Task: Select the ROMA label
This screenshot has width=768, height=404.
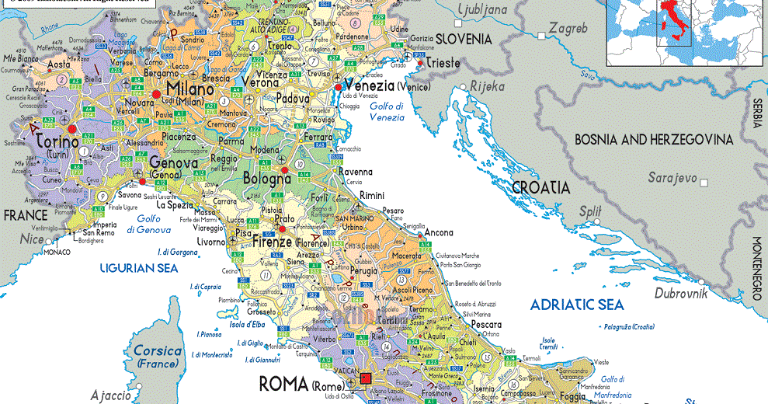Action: [x=283, y=383]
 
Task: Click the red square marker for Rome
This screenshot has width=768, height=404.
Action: [x=367, y=381]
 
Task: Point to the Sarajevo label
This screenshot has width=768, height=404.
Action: [x=673, y=178]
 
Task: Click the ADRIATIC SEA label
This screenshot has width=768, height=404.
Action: [x=577, y=305]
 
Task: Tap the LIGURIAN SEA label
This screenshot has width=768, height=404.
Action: [x=139, y=268]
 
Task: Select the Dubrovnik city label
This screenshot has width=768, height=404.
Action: [x=682, y=293]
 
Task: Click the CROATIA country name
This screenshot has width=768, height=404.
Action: [x=540, y=187]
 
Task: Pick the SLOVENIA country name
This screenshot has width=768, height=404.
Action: [x=464, y=38]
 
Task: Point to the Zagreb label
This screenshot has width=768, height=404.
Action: [x=568, y=29]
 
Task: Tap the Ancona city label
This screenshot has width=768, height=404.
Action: [x=439, y=232]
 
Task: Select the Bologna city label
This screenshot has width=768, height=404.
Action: [x=266, y=179]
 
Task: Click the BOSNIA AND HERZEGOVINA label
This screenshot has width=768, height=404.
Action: [x=653, y=140]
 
